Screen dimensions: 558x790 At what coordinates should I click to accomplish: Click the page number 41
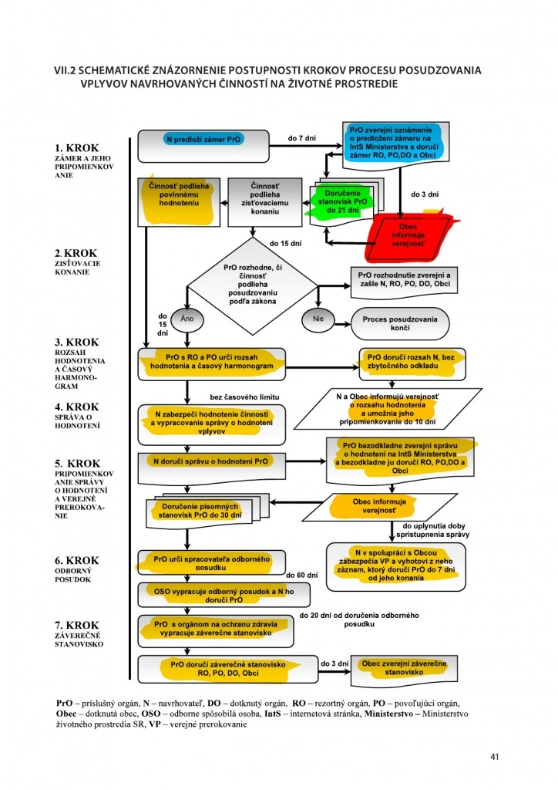coord(494,756)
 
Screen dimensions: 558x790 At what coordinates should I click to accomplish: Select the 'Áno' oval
coord(187,319)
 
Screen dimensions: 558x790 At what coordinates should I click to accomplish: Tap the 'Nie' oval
coord(318,319)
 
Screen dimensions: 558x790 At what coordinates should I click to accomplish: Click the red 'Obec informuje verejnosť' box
coord(408,236)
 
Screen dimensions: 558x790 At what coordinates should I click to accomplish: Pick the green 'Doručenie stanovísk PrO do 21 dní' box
coord(342,201)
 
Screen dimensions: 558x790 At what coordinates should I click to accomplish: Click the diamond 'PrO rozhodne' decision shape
coord(253,285)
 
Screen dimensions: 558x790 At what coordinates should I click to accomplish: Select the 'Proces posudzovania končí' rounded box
coord(400,323)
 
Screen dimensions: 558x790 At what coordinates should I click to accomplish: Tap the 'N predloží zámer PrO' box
coord(203,146)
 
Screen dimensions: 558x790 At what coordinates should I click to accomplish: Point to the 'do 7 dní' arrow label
coord(302,138)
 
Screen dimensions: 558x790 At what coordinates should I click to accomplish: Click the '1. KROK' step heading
coord(77,147)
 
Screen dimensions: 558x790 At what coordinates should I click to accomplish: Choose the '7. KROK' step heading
coord(77,625)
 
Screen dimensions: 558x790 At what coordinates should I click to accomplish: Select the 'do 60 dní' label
coord(302,575)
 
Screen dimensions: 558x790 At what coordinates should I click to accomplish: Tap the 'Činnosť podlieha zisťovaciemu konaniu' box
coord(264,201)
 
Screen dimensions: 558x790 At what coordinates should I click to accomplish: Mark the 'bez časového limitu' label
coord(244,397)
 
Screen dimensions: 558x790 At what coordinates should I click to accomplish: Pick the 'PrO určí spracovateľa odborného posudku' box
coord(212,562)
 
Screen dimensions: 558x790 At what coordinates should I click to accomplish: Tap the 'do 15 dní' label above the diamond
coord(285,243)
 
